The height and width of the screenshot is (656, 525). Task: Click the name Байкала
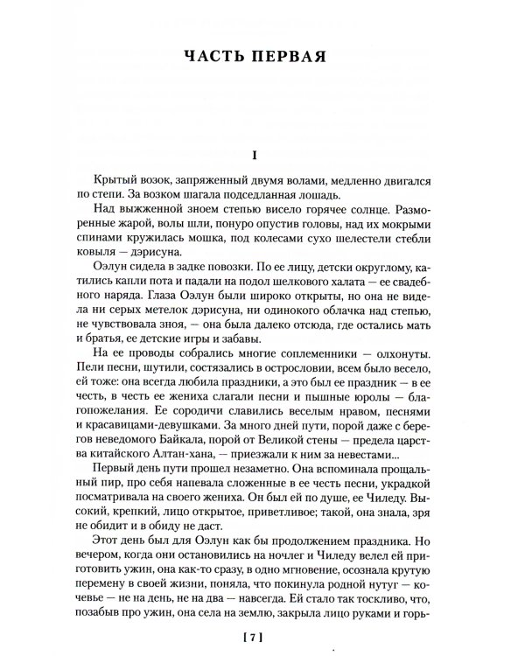(x=184, y=445)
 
